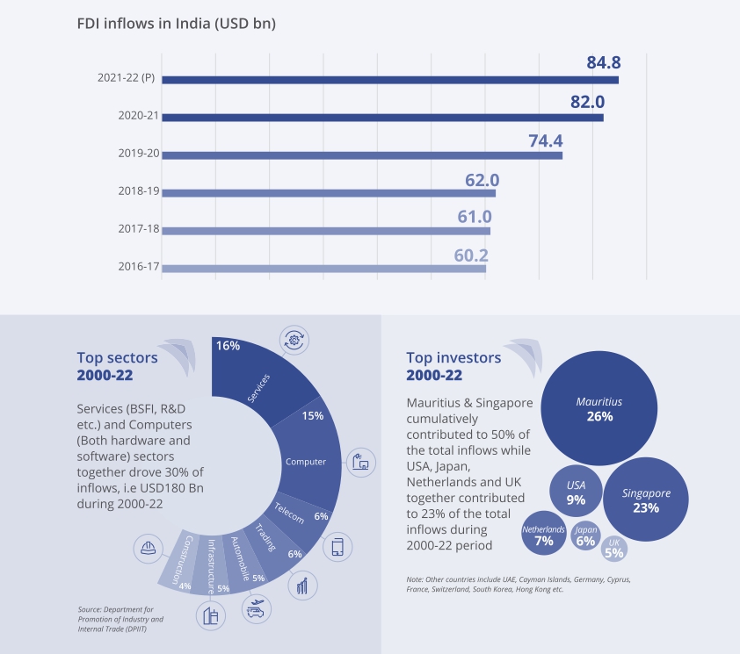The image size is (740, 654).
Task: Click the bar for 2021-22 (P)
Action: point(390,80)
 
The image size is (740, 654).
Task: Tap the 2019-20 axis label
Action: point(138,154)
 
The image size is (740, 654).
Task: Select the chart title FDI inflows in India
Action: point(177,24)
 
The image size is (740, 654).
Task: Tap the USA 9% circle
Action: point(576,492)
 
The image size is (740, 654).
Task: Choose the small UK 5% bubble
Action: point(613,548)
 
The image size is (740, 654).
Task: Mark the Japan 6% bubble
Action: point(584,535)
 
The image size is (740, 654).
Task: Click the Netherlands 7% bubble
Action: point(544,535)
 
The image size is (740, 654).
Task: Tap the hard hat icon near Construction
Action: point(147,549)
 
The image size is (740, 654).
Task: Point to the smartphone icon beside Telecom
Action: point(337,547)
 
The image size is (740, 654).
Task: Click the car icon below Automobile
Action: point(256,609)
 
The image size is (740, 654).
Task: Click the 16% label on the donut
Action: point(229,346)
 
